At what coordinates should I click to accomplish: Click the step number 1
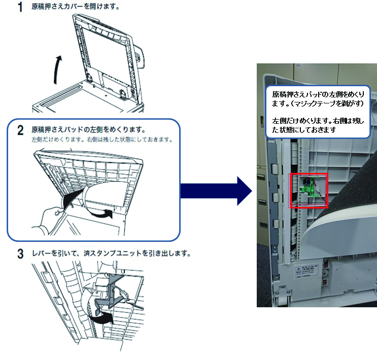pos(21,8)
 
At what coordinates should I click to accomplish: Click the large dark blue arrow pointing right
pos(216,191)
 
